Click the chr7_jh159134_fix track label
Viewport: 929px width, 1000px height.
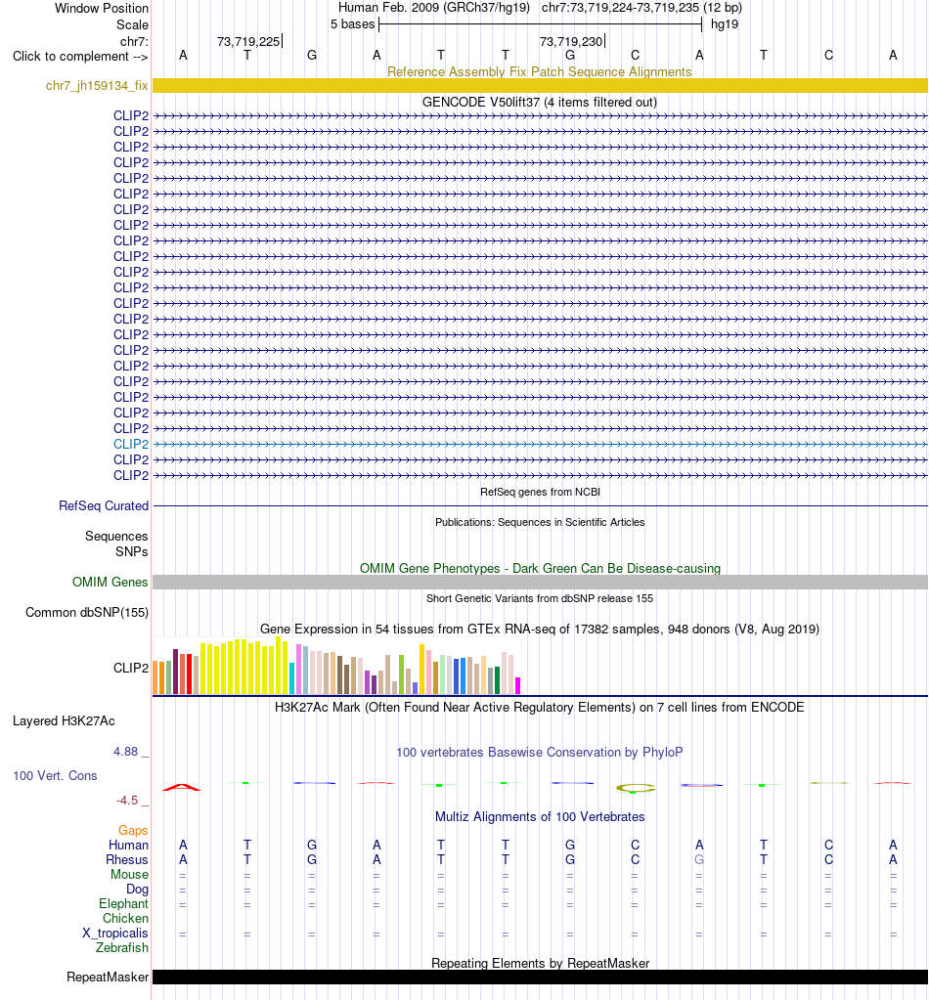[x=97, y=85]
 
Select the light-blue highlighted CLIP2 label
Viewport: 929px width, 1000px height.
[x=131, y=444]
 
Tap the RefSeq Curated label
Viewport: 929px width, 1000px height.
[x=104, y=505]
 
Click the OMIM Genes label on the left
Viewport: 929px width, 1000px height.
[x=110, y=582]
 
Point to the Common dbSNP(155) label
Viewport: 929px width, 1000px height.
[x=87, y=612]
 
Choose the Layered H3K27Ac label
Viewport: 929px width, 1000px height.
[x=64, y=720]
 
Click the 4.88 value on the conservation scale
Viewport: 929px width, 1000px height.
[x=126, y=752]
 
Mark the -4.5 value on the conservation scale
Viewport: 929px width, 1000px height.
[x=127, y=800]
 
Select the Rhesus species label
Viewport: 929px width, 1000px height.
[x=127, y=859]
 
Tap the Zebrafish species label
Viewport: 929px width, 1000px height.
[x=122, y=948]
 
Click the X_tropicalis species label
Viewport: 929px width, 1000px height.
[x=114, y=933]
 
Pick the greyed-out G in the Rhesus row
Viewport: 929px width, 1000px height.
[x=699, y=859]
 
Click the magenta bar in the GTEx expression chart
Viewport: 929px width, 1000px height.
[x=518, y=685]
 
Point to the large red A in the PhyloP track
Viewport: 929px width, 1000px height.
[x=182, y=787]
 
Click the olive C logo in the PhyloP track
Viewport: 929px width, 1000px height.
[x=636, y=788]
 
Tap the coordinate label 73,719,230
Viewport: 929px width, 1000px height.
[x=571, y=41]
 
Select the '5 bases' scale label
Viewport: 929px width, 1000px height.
[x=352, y=24]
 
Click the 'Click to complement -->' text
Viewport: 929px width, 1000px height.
[x=80, y=56]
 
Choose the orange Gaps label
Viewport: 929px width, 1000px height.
[x=133, y=830]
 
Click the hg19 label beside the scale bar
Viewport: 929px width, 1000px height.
[x=725, y=24]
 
